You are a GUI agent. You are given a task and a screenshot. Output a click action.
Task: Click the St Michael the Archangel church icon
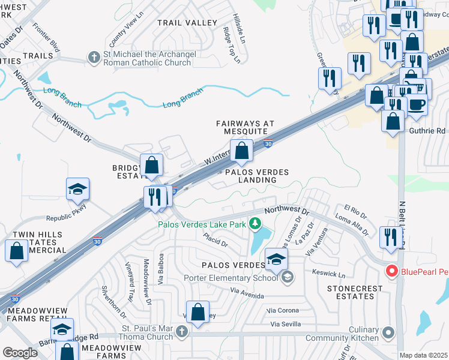[x=93, y=58]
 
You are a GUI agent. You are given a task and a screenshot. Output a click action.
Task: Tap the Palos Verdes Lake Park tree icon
[x=255, y=224]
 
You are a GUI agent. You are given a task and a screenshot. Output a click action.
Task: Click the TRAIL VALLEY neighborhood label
[x=187, y=23]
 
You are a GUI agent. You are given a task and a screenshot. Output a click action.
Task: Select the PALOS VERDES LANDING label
[x=257, y=176]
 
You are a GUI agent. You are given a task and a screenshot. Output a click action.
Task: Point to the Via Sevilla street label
[x=286, y=325]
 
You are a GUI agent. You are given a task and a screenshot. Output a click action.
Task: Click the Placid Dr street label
[x=215, y=242]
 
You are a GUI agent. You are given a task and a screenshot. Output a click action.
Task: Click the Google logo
[x=20, y=353]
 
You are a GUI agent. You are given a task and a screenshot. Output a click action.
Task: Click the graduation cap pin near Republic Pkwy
[x=77, y=189]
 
